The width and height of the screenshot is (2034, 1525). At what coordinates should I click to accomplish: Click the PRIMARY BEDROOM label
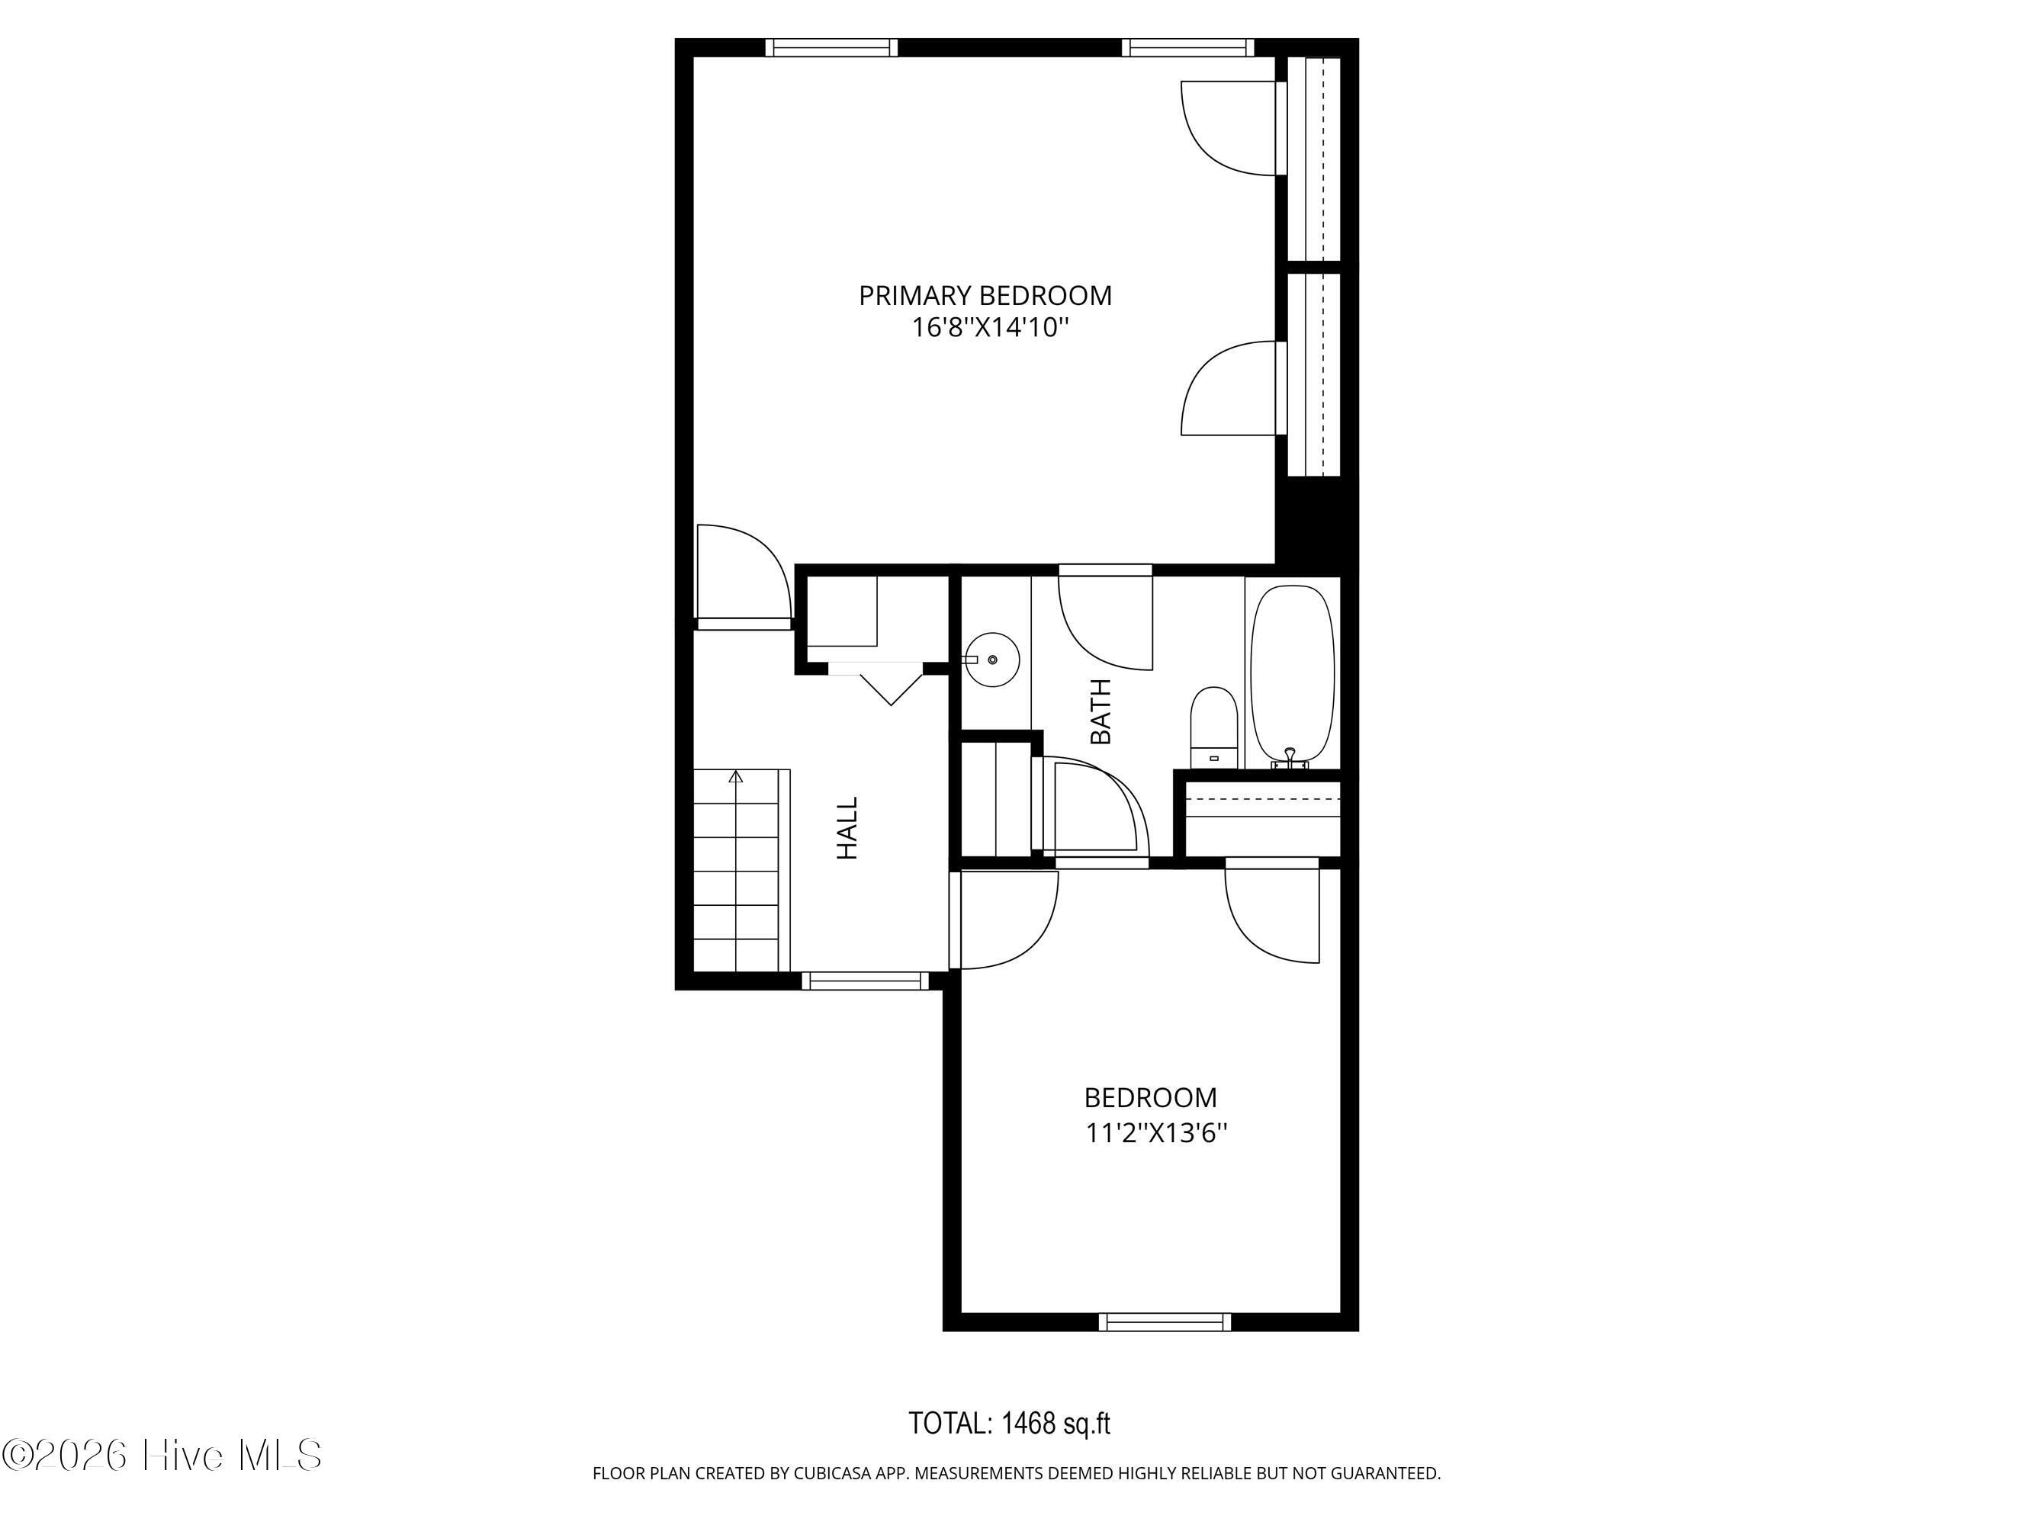pyautogui.click(x=985, y=296)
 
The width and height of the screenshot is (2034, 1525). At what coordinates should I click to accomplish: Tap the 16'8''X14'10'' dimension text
pyautogui.click(x=991, y=327)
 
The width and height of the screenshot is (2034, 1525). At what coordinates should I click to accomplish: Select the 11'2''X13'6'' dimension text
pyautogui.click(x=1157, y=1133)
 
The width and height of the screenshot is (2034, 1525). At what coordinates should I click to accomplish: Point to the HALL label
pyautogui.click(x=847, y=828)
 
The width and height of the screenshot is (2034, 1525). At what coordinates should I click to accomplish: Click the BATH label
pyautogui.click(x=1101, y=711)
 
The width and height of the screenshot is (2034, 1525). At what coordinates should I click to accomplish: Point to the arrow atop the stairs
pyautogui.click(x=736, y=778)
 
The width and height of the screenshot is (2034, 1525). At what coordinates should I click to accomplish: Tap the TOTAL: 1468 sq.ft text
pyautogui.click(x=1010, y=1424)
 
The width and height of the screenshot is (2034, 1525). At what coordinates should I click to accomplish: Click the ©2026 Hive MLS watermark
pyautogui.click(x=162, y=1455)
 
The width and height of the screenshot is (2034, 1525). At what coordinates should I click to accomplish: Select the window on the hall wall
pyautogui.click(x=866, y=981)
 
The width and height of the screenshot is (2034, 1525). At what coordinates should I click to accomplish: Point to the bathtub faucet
pyautogui.click(x=1290, y=759)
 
